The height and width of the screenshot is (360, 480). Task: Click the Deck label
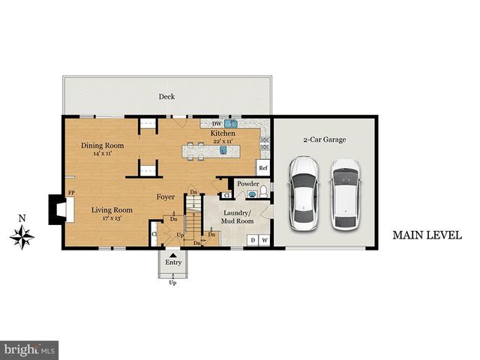coord(166,97)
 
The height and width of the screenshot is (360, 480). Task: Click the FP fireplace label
coord(72,193)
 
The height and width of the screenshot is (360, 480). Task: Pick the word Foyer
coord(166,198)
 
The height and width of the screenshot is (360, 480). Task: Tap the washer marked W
coord(264,240)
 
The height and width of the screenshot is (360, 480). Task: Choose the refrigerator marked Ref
coord(263,168)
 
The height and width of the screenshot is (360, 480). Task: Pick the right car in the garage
coord(346,193)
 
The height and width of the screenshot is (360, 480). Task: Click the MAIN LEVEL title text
coord(427,235)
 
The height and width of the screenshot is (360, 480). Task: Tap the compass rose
coord(22,237)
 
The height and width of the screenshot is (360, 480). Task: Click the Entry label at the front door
coord(173,262)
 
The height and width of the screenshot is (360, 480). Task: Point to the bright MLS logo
coord(30,349)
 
